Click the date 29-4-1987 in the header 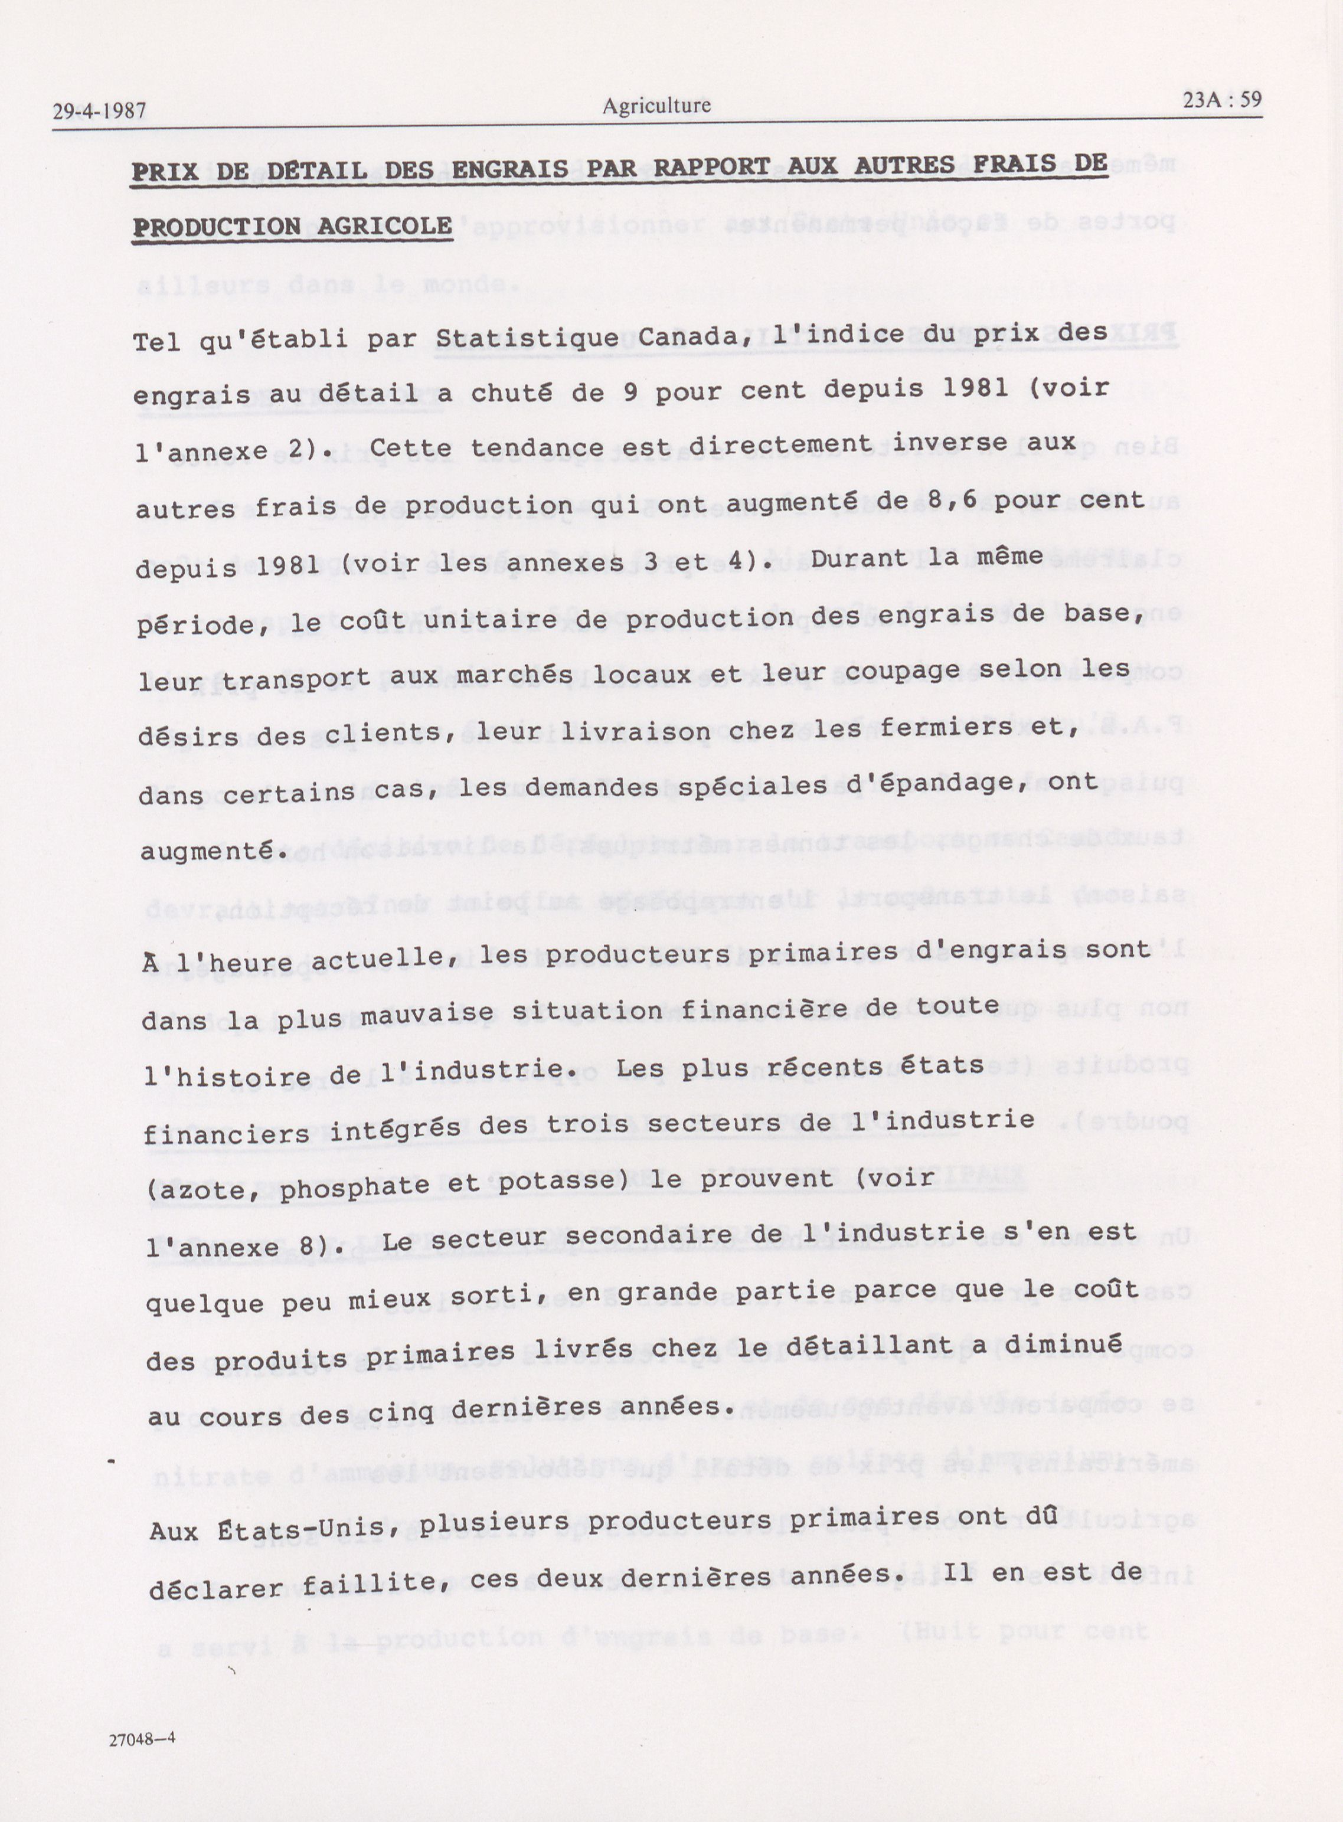[99, 112]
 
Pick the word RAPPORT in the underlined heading [712, 166]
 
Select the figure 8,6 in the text [942, 500]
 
